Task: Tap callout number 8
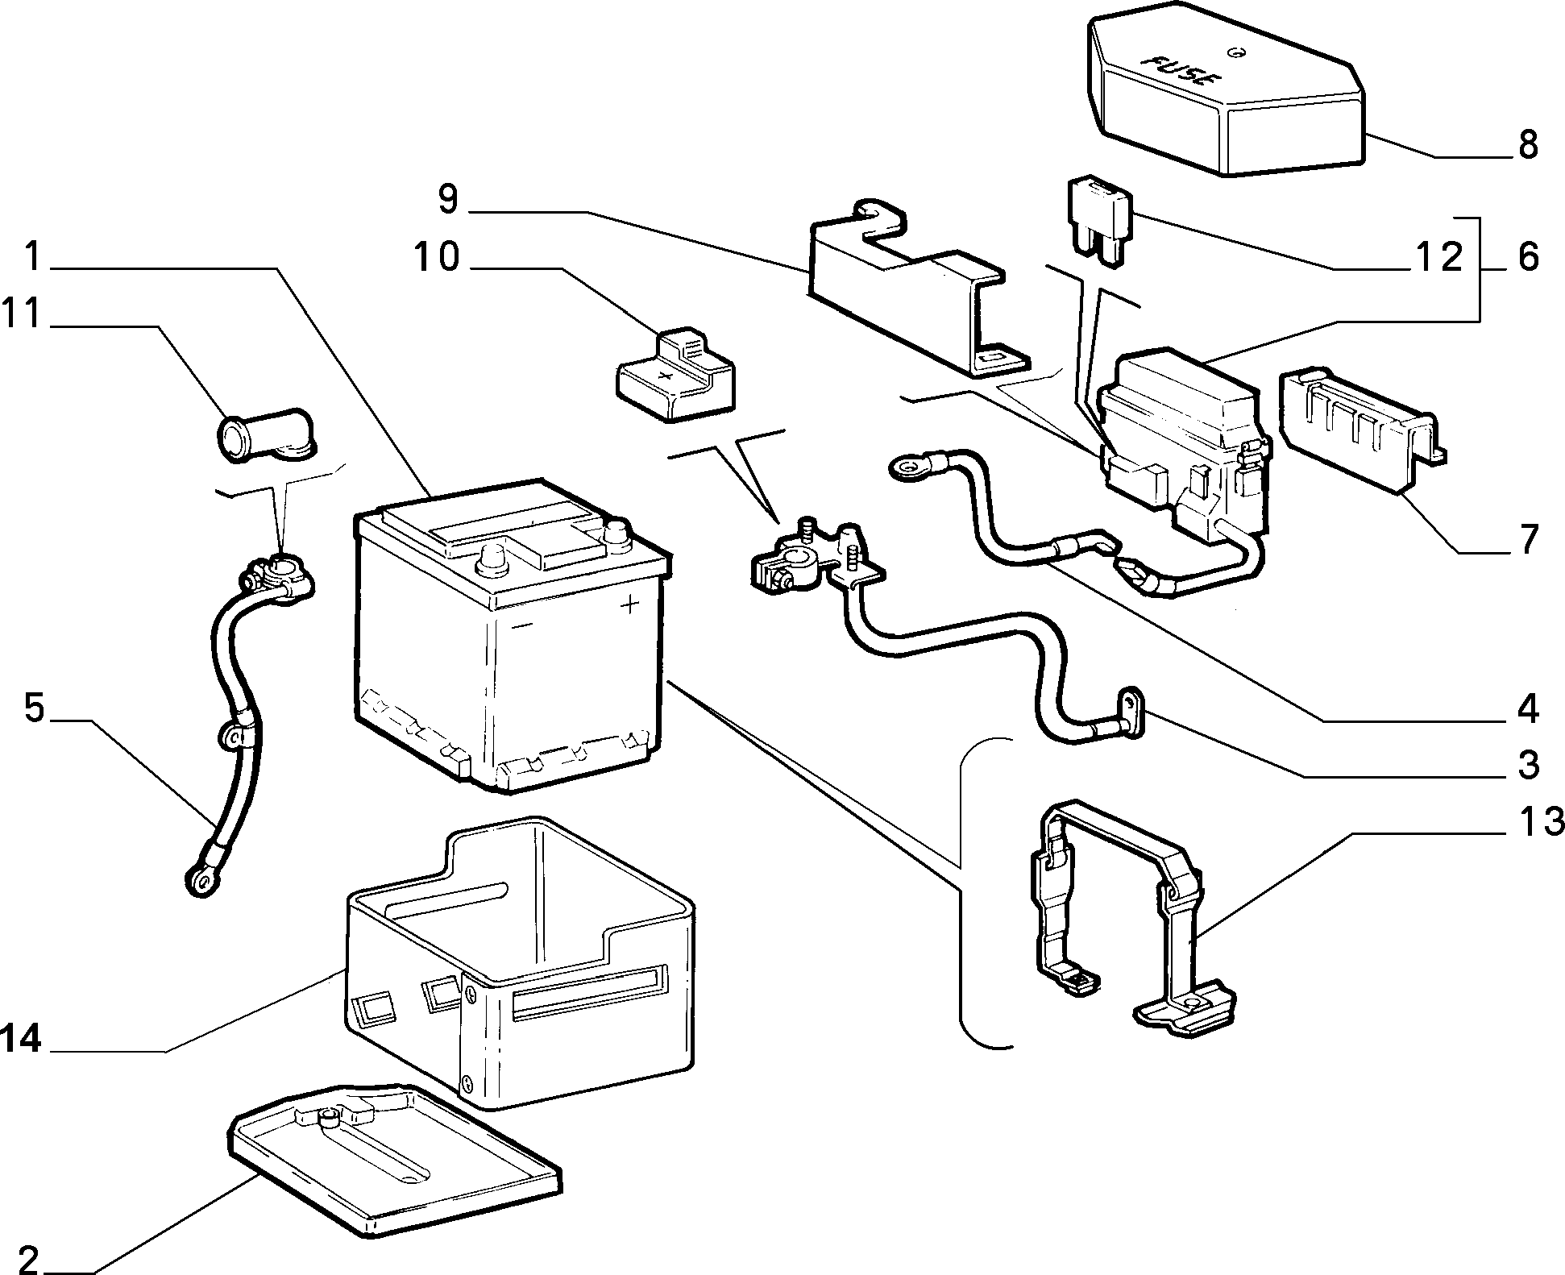point(1526,145)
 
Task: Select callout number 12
point(1438,258)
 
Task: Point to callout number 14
point(20,1039)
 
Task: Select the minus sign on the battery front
point(521,625)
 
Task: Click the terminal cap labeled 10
point(675,375)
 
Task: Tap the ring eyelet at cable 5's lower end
point(198,880)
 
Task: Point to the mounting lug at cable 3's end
point(1132,710)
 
